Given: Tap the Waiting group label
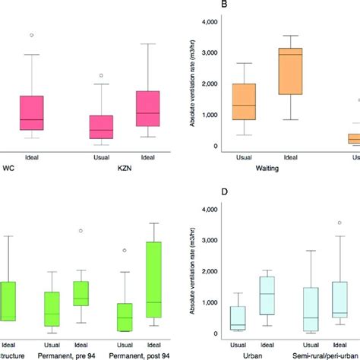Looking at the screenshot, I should [x=270, y=169].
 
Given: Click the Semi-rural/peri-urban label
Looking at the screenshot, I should [x=328, y=355].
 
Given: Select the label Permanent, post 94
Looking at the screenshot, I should [x=135, y=355].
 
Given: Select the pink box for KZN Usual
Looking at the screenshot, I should [x=101, y=127].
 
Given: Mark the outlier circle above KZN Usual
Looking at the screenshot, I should [x=102, y=76].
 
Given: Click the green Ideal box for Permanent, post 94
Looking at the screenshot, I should [x=153, y=284].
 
